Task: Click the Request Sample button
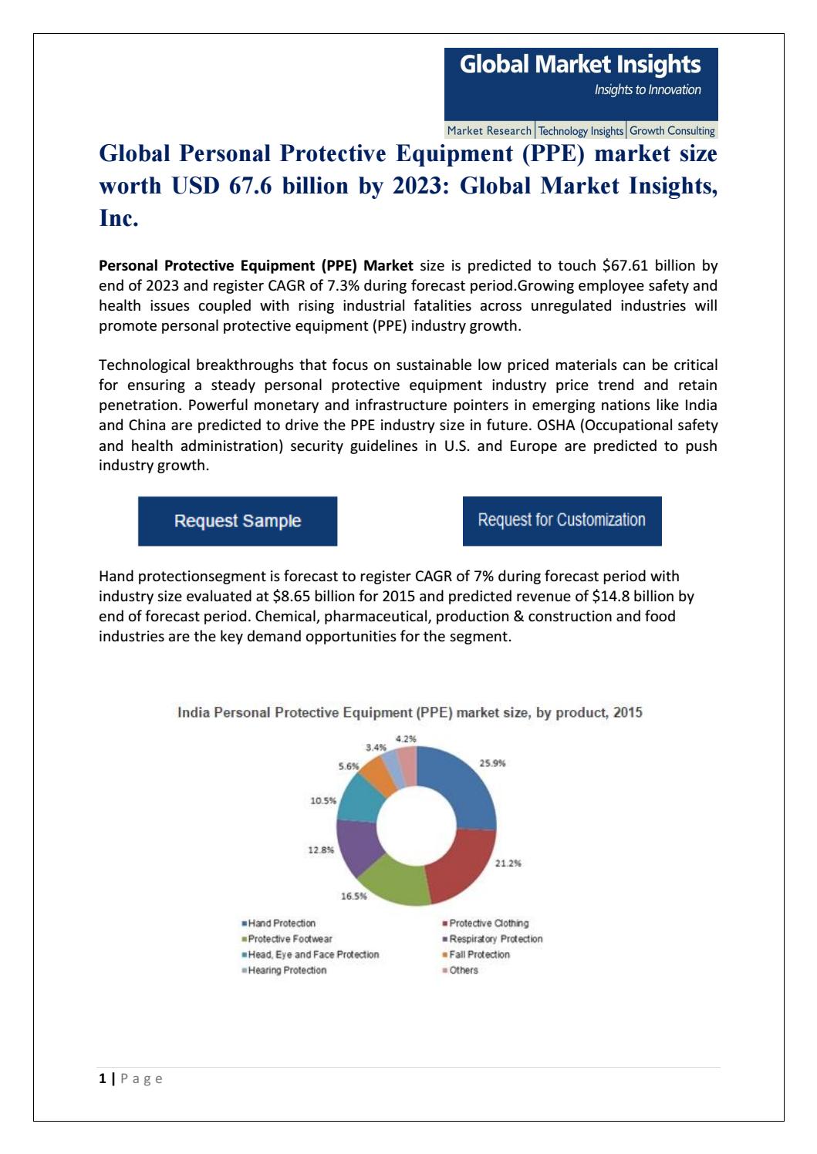tap(237, 521)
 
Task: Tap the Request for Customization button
tap(562, 520)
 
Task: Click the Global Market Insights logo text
tap(580, 66)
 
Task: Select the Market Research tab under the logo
tap(489, 131)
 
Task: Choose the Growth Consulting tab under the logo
tap(672, 131)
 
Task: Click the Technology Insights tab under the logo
tap(580, 131)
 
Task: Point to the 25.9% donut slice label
tap(492, 763)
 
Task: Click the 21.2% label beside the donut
tap(508, 863)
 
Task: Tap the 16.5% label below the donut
tap(354, 897)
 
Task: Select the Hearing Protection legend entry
tap(286, 971)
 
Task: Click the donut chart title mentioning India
tap(410, 713)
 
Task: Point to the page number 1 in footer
tap(102, 1078)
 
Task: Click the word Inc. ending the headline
tap(119, 219)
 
